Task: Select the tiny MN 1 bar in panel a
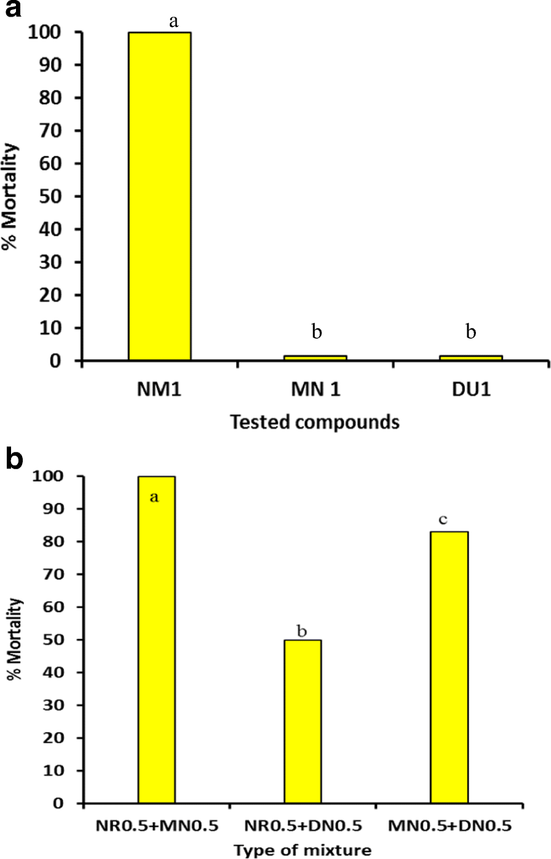pyautogui.click(x=315, y=357)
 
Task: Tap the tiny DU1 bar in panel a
pyautogui.click(x=470, y=357)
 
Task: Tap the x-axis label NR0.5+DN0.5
pyautogui.click(x=303, y=825)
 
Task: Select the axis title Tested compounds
pyautogui.click(x=314, y=422)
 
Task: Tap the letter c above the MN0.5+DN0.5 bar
pyautogui.click(x=450, y=520)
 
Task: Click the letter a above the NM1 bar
pyautogui.click(x=173, y=22)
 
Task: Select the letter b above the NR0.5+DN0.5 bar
pyautogui.click(x=302, y=631)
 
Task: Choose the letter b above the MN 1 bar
pyautogui.click(x=316, y=332)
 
